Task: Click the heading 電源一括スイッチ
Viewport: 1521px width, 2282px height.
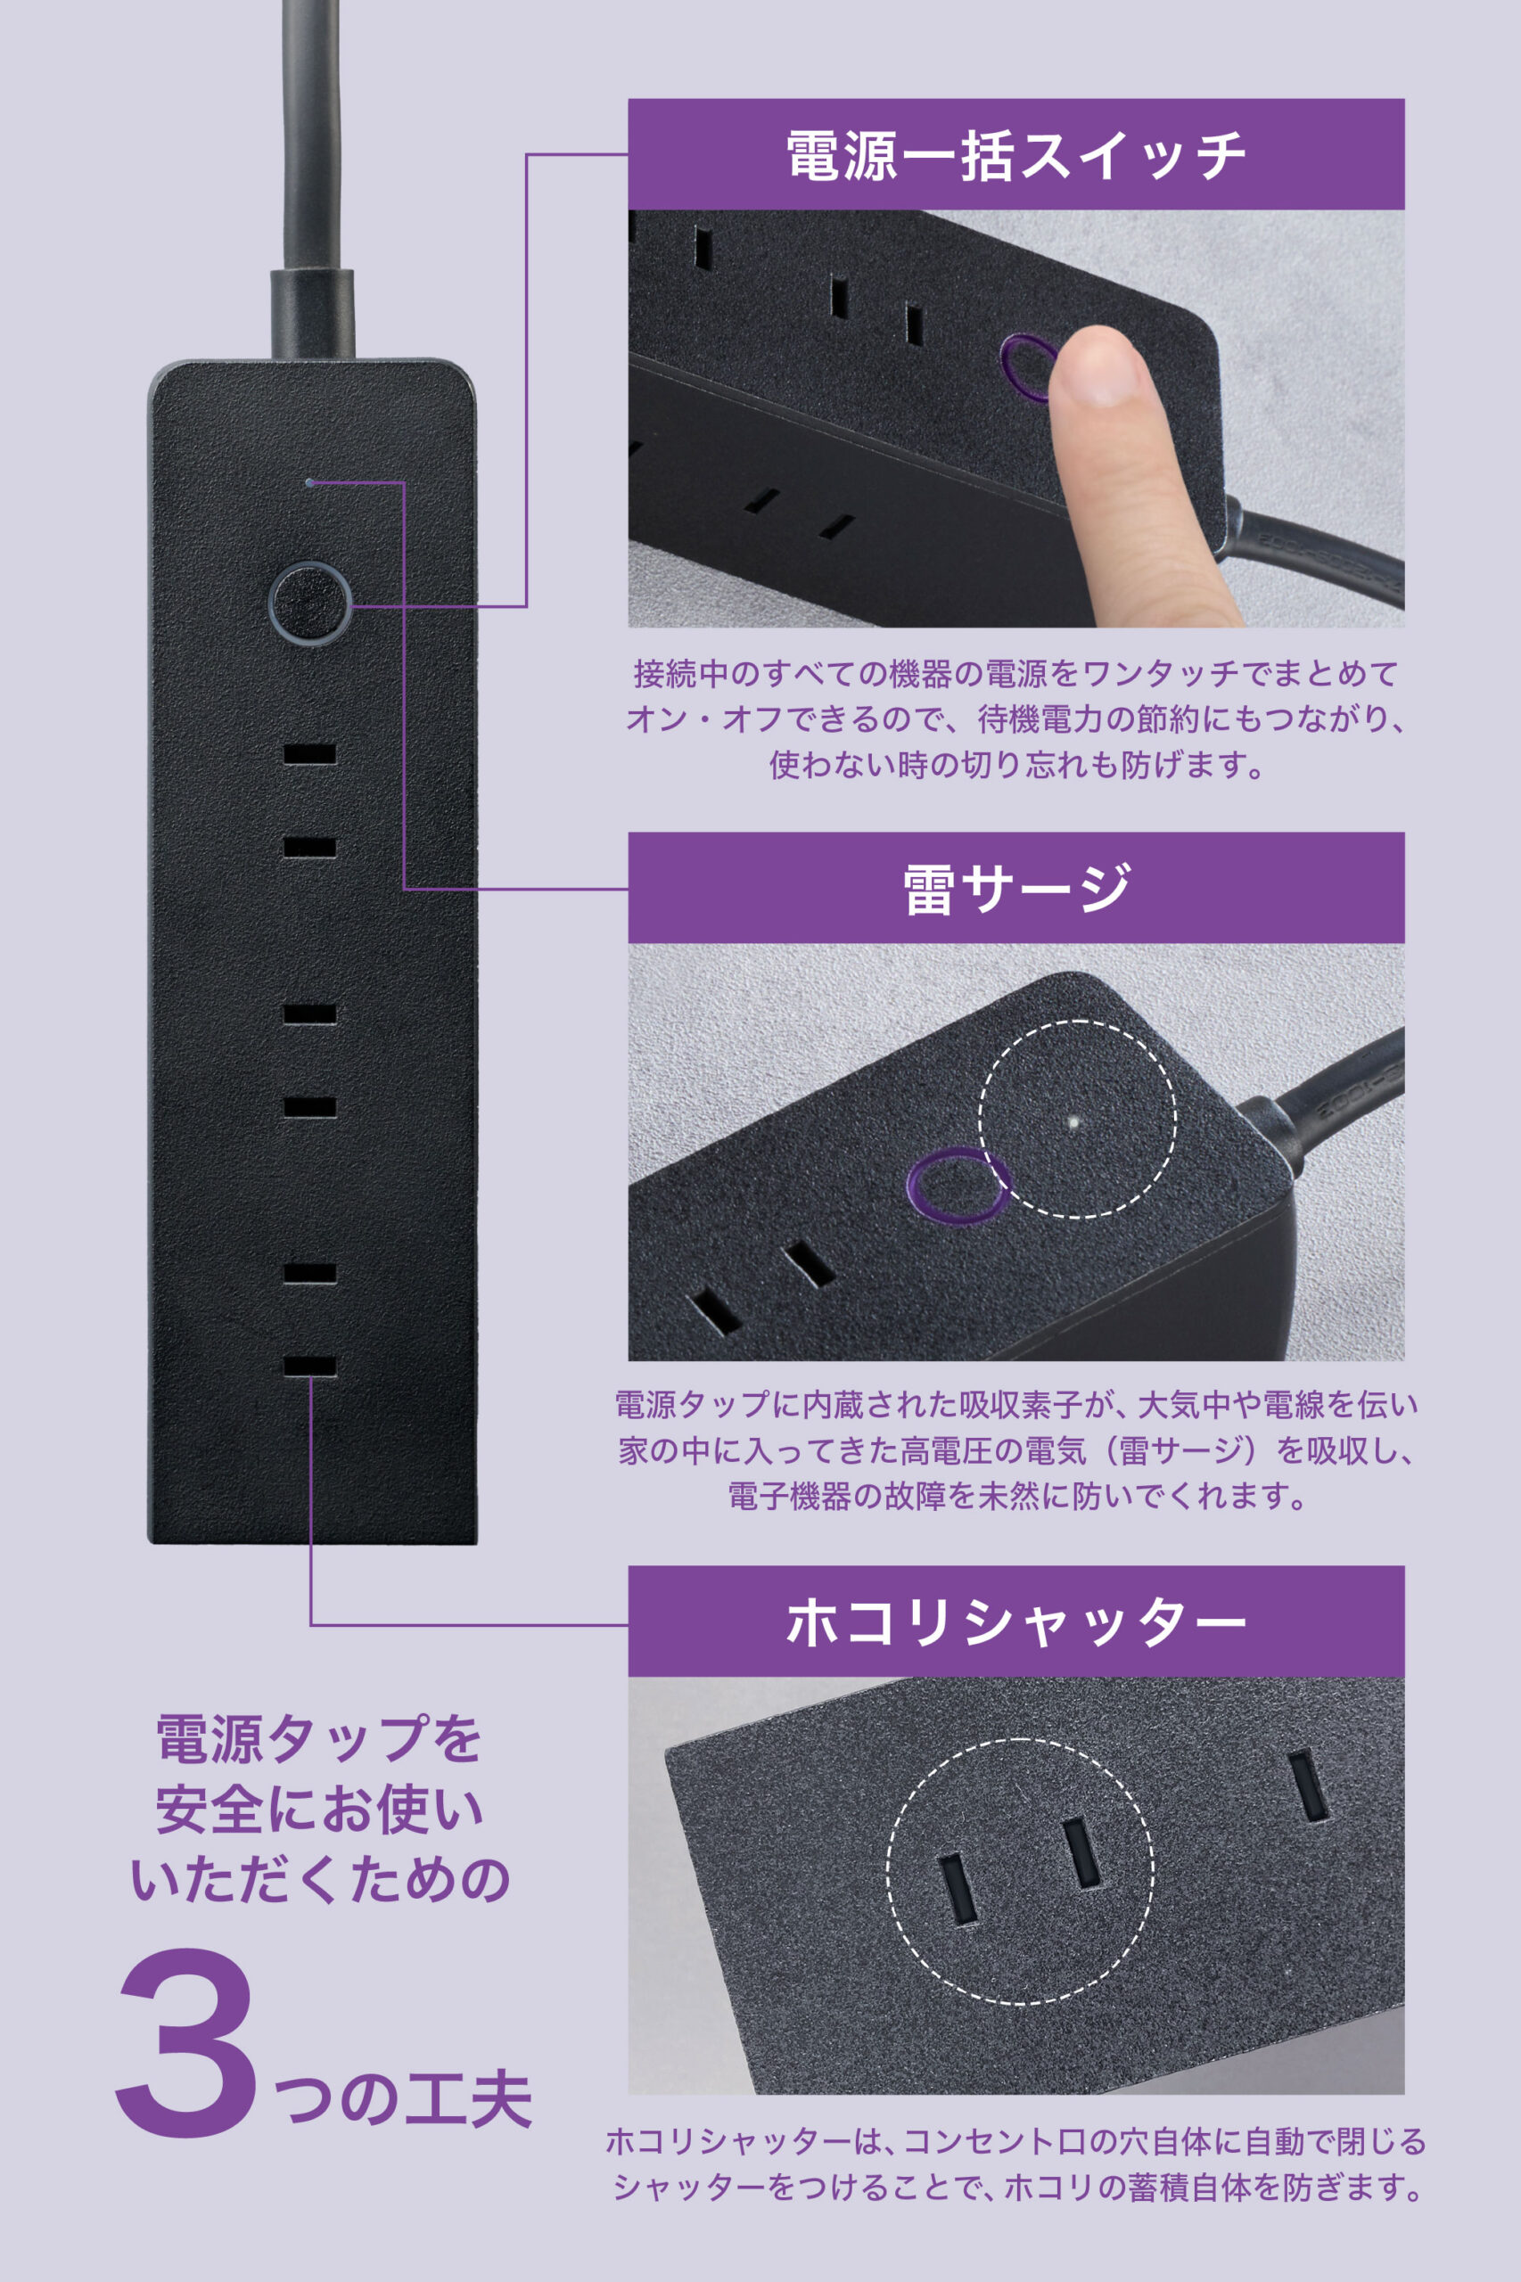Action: pyautogui.click(x=1015, y=155)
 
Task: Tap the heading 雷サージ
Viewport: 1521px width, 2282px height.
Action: pyautogui.click(x=1015, y=889)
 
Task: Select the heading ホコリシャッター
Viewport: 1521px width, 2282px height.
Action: pyautogui.click(x=1015, y=1621)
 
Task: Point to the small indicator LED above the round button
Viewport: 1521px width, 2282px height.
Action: pyautogui.click(x=308, y=482)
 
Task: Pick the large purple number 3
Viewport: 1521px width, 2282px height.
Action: pyautogui.click(x=186, y=2042)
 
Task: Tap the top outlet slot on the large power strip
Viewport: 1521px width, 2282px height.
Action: pyautogui.click(x=309, y=753)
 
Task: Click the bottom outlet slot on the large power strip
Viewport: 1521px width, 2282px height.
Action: pyautogui.click(x=309, y=1366)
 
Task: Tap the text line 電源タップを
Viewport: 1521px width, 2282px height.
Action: pyautogui.click(x=319, y=1739)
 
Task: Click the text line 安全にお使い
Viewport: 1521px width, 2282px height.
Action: pyautogui.click(x=319, y=1810)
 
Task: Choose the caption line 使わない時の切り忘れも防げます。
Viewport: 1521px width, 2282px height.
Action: pyautogui.click(x=1015, y=765)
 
